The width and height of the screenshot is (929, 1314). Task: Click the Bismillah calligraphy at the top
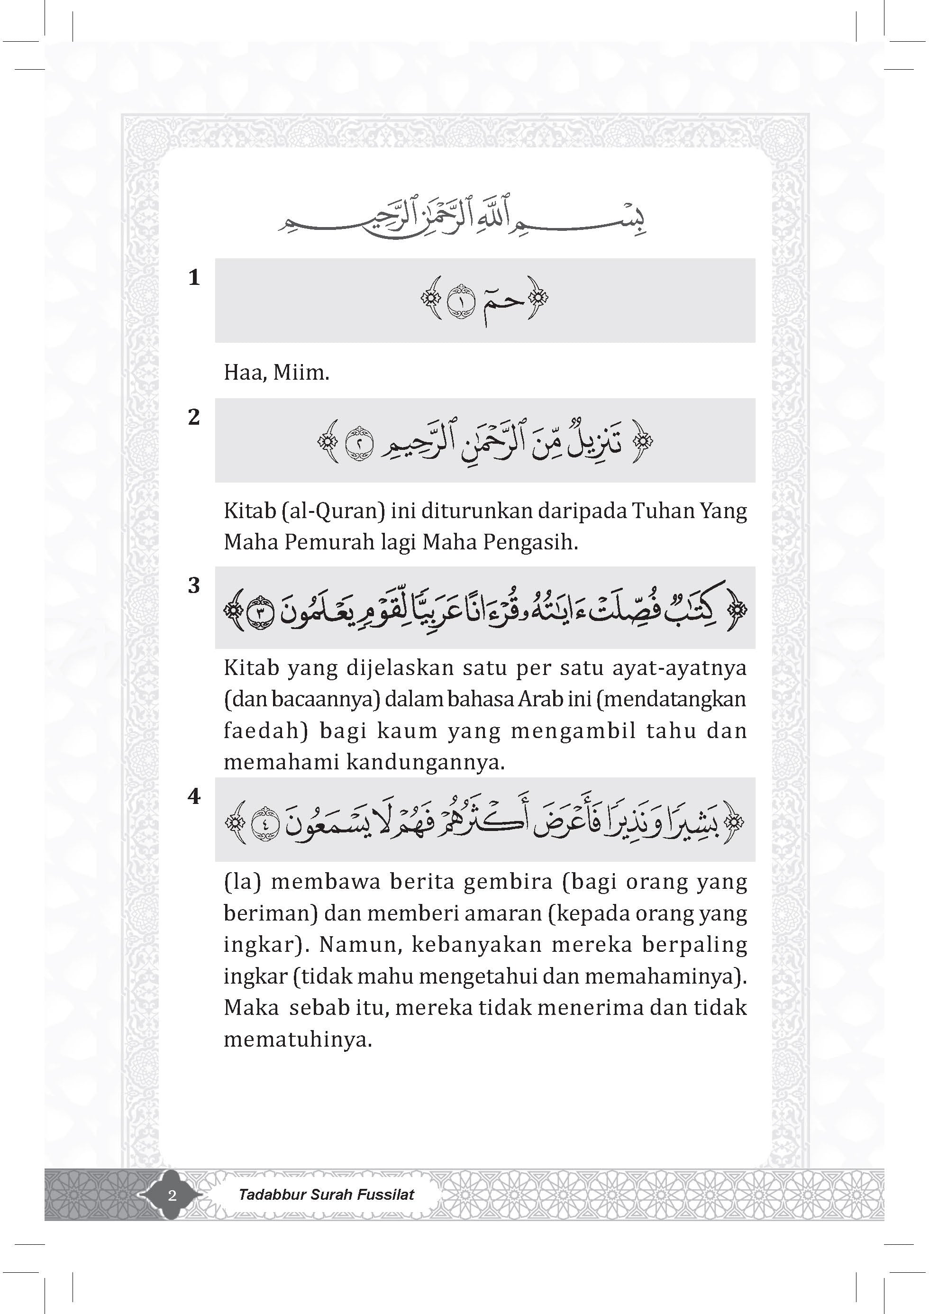coord(464,220)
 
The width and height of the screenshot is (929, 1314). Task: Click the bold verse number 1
coord(194,278)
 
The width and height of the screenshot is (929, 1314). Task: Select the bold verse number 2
coord(194,417)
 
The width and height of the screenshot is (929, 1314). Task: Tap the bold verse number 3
coord(194,585)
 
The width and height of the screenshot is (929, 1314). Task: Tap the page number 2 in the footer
coord(172,1195)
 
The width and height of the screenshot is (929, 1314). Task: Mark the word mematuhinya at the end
coord(298,1039)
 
